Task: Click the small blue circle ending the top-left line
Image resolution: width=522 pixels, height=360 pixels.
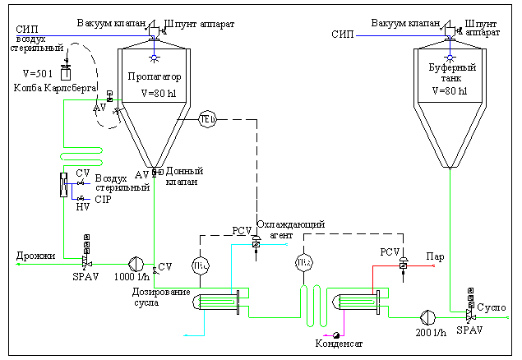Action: (x=154, y=58)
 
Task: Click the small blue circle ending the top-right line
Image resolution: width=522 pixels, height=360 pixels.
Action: (x=450, y=58)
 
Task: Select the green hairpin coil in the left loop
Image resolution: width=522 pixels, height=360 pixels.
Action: (x=81, y=156)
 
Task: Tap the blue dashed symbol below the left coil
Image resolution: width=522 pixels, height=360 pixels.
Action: (x=81, y=198)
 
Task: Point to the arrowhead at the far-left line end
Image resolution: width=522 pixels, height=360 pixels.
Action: (x=18, y=264)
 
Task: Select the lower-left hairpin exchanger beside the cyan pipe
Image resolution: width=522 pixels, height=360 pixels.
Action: (x=219, y=302)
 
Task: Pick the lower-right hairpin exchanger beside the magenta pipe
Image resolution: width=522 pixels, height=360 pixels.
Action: (x=358, y=302)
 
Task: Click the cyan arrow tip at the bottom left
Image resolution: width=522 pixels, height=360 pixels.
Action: (x=185, y=335)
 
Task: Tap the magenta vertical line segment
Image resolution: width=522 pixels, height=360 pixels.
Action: (x=344, y=322)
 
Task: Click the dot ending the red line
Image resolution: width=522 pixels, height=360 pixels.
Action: (x=433, y=265)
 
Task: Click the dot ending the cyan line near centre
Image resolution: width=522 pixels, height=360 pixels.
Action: (x=286, y=244)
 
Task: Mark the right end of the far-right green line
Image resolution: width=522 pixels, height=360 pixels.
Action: (x=506, y=317)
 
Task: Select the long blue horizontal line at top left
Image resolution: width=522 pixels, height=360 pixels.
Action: (x=82, y=36)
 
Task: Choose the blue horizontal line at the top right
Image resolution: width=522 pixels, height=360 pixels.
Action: (x=403, y=36)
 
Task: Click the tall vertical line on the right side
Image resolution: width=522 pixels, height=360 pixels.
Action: (x=450, y=238)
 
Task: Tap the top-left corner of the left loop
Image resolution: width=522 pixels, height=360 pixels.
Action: (x=64, y=100)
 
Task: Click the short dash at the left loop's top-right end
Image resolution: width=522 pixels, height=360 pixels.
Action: (x=117, y=99)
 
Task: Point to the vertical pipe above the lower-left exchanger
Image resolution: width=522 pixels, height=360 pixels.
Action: (x=232, y=267)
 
